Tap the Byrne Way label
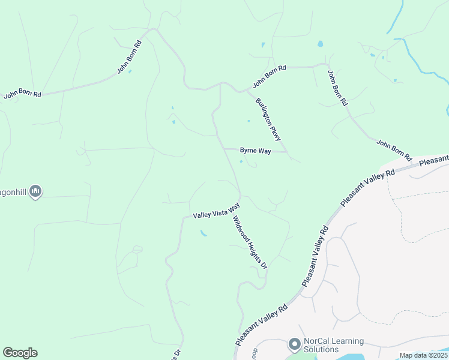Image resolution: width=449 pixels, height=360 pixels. [x=255, y=151]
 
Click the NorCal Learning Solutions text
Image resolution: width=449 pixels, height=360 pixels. [x=333, y=345]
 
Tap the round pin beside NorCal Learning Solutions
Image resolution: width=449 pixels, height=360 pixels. [x=294, y=344]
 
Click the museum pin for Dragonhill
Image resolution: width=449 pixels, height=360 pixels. [x=35, y=191]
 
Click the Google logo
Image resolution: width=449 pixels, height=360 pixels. [x=20, y=353]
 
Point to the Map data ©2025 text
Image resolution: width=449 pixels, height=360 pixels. [x=424, y=355]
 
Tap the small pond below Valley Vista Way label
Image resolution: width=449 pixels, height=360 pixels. [x=204, y=233]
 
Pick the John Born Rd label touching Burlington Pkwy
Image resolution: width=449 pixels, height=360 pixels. [x=269, y=76]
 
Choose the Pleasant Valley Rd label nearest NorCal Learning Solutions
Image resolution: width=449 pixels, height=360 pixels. [x=262, y=324]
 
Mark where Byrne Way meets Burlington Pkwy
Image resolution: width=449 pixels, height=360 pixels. [x=287, y=151]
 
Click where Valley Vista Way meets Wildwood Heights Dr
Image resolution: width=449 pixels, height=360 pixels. [x=240, y=196]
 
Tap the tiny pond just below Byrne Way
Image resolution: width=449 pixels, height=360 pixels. [x=241, y=161]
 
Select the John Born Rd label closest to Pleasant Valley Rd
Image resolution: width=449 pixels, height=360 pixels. [x=394, y=150]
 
